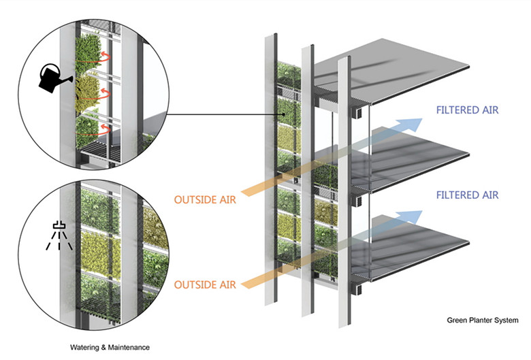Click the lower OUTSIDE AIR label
point(206,284)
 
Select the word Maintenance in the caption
point(129,347)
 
